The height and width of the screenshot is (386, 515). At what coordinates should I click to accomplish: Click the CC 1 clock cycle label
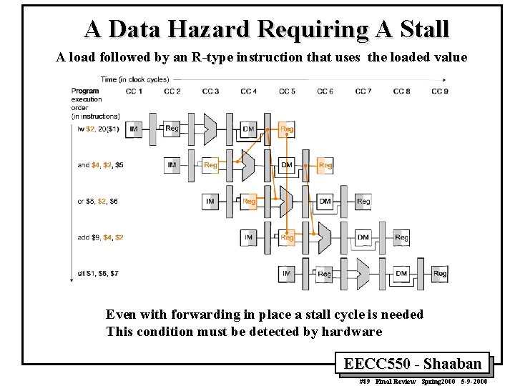(134, 91)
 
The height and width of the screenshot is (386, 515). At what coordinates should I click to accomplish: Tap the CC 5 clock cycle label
(287, 91)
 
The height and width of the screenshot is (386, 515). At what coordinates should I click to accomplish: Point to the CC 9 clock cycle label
(440, 91)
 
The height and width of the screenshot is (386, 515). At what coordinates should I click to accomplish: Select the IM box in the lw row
(134, 129)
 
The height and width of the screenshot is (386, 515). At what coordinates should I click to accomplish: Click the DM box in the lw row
(248, 129)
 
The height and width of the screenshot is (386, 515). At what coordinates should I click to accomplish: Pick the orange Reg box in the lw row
(287, 129)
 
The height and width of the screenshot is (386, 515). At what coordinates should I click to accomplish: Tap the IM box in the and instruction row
(172, 165)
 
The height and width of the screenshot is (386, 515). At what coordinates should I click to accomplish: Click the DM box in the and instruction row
(287, 165)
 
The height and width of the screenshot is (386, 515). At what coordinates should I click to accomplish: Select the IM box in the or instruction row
(210, 202)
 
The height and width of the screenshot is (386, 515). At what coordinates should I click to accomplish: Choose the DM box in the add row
(363, 237)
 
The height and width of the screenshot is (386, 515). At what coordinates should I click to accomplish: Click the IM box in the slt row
(287, 274)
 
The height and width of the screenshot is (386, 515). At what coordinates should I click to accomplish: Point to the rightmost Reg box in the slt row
(440, 274)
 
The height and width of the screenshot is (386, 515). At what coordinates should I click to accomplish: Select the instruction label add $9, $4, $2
(100, 237)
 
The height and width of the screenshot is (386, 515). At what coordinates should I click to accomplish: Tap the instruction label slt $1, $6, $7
(99, 274)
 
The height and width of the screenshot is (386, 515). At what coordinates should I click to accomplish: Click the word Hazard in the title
(206, 29)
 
